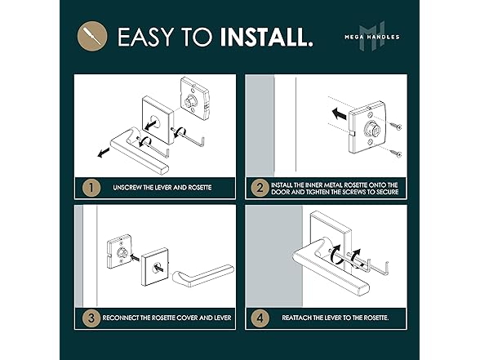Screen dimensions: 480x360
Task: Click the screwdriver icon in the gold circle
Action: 92,36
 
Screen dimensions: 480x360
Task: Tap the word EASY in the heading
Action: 145,37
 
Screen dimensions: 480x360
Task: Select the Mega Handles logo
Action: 372,36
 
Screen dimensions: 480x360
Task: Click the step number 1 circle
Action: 91,188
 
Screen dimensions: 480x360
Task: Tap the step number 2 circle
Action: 260,188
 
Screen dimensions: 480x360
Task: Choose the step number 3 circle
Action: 91,318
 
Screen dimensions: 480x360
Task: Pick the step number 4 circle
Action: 260,318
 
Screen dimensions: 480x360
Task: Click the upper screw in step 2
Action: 395,126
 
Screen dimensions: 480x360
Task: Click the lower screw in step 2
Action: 395,153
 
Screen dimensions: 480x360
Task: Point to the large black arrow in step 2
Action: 340,114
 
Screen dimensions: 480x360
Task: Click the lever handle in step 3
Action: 203,275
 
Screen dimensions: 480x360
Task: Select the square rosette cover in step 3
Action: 155,267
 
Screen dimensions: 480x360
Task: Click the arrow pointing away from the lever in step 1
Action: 104,152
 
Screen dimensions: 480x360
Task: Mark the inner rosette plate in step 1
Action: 194,98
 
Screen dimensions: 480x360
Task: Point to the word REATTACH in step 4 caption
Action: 296,318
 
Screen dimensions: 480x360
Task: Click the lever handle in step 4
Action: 331,267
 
